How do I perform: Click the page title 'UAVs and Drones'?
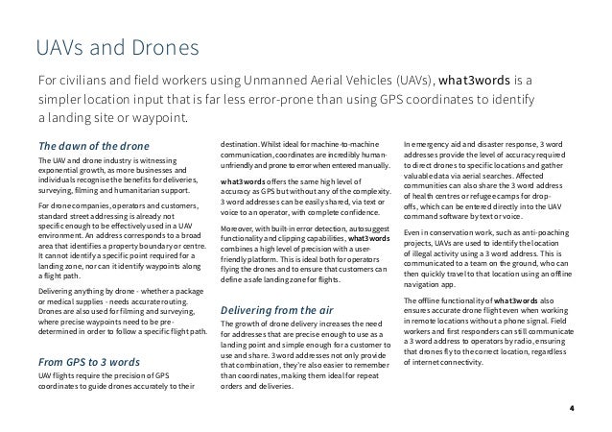tap(116, 46)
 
